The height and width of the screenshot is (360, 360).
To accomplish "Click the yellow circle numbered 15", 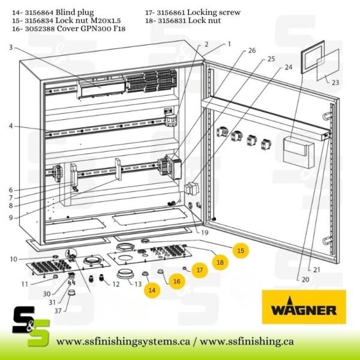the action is pos(241,250).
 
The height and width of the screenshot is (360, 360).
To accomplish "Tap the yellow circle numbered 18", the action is pos(220,262).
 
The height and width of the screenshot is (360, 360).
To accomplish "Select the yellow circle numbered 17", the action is pos(200,270).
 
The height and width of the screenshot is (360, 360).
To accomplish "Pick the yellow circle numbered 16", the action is pos(177,281).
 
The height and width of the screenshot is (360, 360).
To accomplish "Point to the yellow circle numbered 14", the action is pos(152,290).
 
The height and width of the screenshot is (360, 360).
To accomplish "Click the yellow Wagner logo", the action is pos(304,307).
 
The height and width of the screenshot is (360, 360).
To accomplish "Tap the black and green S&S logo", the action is pos(31,326).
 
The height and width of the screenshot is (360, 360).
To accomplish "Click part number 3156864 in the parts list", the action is pos(39,12).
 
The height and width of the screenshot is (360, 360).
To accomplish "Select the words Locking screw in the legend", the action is pos(214,12).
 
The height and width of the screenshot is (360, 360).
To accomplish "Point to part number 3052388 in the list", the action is pos(39,29).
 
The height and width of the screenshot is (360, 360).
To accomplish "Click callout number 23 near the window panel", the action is pos(335,82).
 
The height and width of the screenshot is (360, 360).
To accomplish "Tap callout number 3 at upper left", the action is pos(11,47).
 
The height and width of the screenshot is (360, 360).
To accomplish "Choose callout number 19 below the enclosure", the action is pos(205,233).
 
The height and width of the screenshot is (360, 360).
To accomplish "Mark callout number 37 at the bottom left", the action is pos(58,311).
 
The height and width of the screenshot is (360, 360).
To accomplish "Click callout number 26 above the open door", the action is pos(252,50).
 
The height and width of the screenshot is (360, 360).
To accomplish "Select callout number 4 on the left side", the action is pos(11,126).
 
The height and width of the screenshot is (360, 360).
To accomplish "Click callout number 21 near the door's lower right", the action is pos(317,270).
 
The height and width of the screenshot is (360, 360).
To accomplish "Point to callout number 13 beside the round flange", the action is pos(138,284).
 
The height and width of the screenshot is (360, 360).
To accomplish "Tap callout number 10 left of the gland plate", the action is pos(13,259).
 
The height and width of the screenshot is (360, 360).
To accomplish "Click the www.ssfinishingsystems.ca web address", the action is pos(123,341).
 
